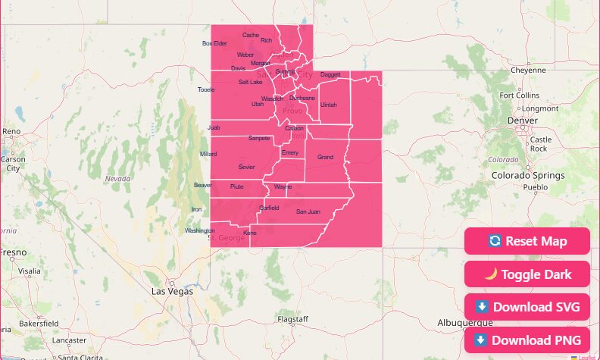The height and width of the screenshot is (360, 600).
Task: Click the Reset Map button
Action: point(527,241)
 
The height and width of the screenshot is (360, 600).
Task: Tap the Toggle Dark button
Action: point(527,274)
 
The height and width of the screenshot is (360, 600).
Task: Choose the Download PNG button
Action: point(527,340)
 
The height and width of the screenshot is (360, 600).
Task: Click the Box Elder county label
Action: point(214,43)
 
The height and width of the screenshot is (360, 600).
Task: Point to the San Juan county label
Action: point(308,211)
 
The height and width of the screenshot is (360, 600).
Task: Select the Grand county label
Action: point(325,158)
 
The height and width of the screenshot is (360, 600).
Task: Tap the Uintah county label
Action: point(328,105)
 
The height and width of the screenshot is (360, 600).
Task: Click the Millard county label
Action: point(208,154)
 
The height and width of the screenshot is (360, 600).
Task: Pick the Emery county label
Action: point(289,152)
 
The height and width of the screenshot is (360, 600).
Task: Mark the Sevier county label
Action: point(246,167)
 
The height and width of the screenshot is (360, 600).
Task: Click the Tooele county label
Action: point(206,89)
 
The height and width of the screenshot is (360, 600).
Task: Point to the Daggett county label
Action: point(330,74)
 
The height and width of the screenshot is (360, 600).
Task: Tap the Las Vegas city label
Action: point(171,291)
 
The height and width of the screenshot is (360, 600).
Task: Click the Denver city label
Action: point(522,121)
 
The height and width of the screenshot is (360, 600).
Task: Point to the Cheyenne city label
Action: point(528,70)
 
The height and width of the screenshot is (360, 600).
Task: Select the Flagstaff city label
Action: point(294,319)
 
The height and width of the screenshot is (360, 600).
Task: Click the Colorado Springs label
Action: point(528,175)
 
